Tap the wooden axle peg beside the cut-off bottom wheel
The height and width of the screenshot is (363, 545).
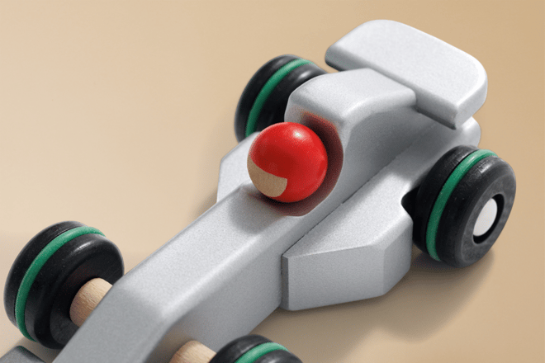(x=195, y=351)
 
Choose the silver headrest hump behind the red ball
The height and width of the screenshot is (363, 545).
(x=363, y=124)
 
